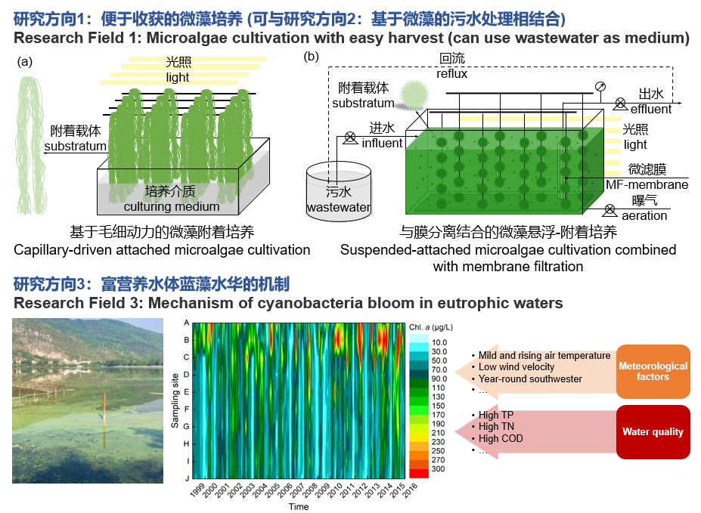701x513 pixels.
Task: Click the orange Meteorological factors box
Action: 653,371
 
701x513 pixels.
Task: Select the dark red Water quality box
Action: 653,432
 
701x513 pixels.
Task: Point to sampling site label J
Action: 186,477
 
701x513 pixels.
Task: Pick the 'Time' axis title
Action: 298,507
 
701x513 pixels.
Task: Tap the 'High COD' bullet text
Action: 501,438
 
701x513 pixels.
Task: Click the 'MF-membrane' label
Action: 647,184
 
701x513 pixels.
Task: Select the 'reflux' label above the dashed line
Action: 451,74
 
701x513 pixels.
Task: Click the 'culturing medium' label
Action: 172,206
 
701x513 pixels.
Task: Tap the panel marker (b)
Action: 310,57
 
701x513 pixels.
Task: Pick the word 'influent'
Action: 382,143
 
